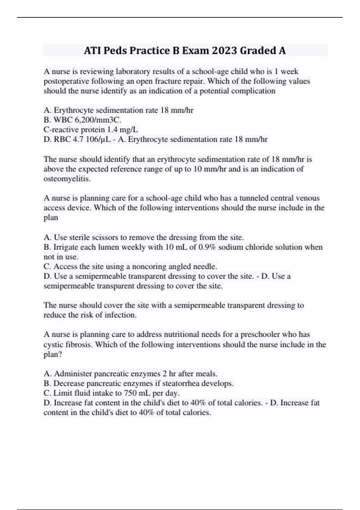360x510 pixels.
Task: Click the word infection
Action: (120, 315)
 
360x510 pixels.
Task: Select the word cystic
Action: (53, 344)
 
